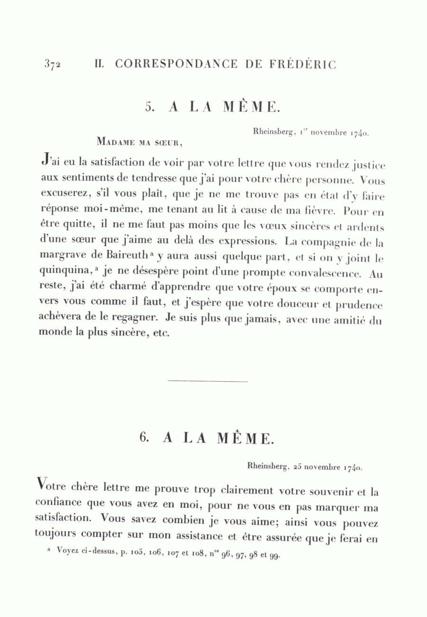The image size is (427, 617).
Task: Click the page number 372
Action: [x=52, y=65]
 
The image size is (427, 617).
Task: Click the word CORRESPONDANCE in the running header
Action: [x=176, y=64]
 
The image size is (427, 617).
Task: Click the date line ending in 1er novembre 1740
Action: [x=311, y=133]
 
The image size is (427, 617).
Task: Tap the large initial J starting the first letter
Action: [x=46, y=162]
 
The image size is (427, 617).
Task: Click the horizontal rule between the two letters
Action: [x=208, y=381]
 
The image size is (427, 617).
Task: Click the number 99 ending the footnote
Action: [x=275, y=556]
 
